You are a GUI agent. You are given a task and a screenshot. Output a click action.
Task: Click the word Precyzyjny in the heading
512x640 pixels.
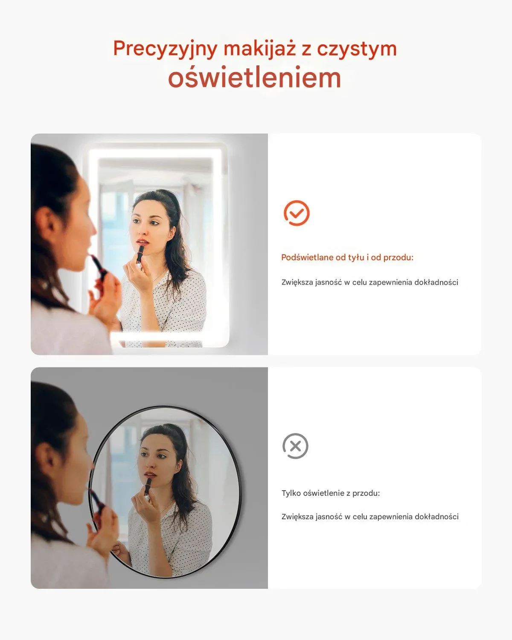click(x=166, y=49)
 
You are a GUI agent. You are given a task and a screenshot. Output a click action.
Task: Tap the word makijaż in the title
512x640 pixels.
click(x=260, y=49)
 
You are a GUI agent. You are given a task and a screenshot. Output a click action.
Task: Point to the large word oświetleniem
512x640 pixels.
click(x=255, y=77)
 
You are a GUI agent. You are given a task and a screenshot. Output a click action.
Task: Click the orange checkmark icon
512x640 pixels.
click(x=296, y=213)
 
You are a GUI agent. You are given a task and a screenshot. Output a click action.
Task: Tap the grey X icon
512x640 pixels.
click(x=295, y=446)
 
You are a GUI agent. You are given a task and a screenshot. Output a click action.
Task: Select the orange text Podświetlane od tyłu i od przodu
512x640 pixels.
click(x=347, y=257)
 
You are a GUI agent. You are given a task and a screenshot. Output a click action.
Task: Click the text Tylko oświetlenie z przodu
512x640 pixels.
click(x=331, y=493)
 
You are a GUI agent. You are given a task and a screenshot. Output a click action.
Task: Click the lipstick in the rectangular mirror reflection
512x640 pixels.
click(x=140, y=253)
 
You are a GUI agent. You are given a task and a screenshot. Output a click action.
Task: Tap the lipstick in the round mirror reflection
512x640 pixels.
click(x=148, y=486)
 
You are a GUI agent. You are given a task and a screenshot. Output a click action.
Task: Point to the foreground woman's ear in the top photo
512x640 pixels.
click(x=49, y=224)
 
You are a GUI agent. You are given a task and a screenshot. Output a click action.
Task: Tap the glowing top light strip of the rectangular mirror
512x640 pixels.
click(x=156, y=153)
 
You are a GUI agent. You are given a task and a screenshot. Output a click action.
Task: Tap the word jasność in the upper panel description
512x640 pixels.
click(x=328, y=282)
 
